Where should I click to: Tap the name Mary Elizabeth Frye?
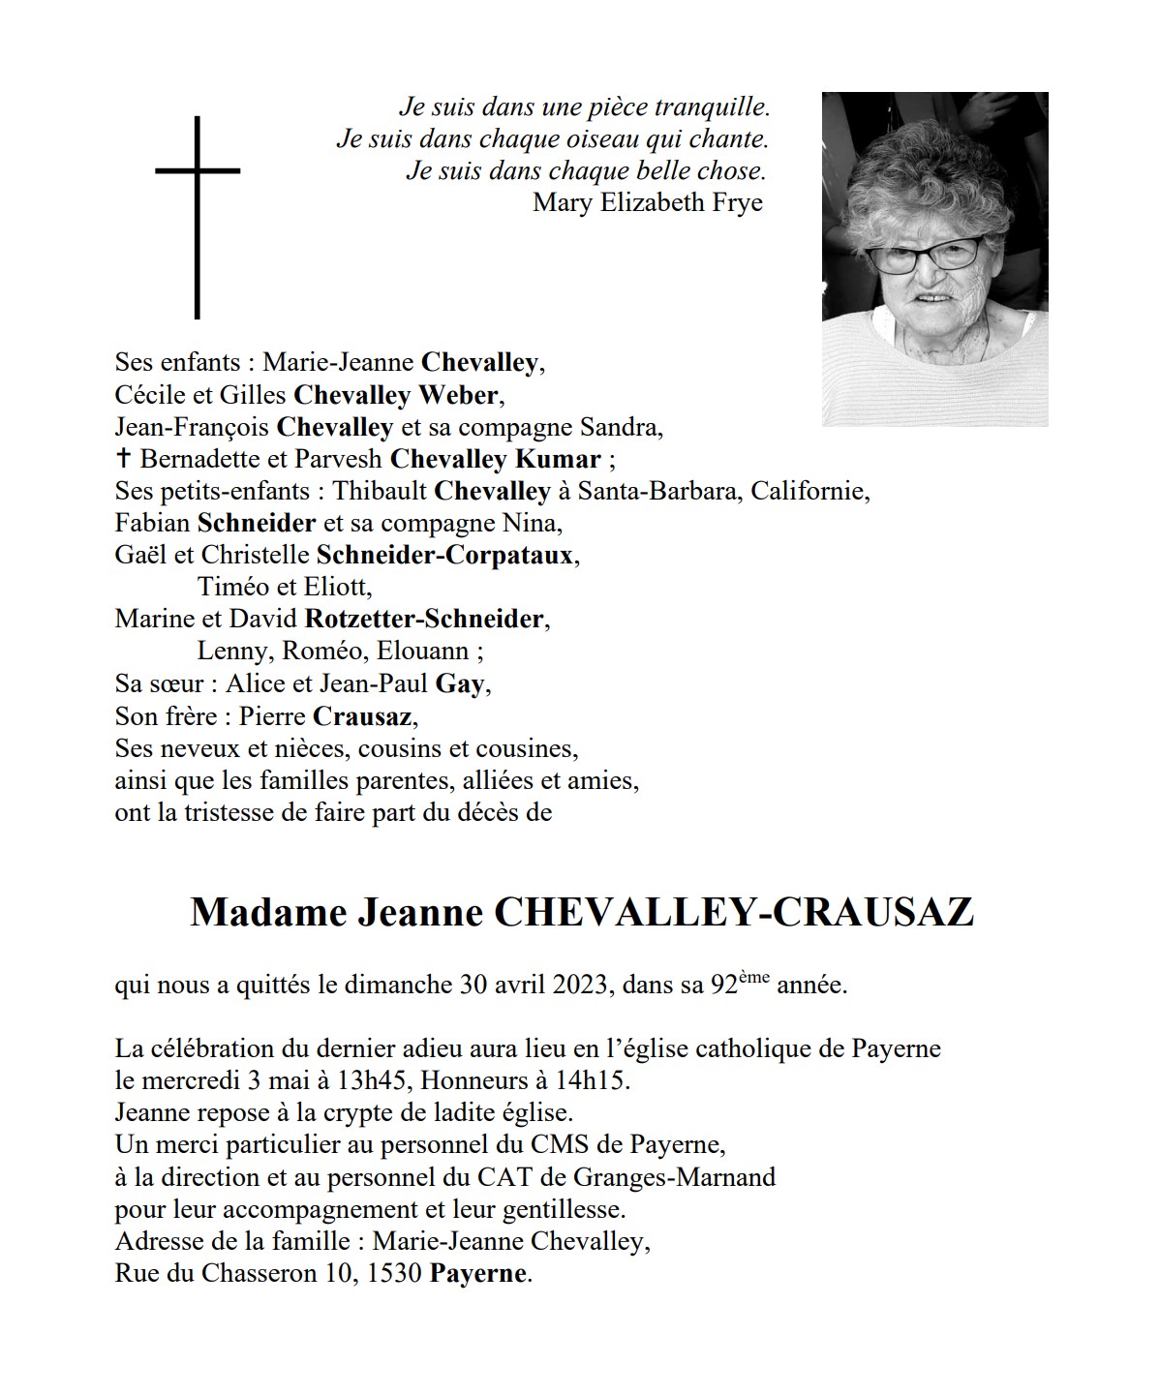[648, 202]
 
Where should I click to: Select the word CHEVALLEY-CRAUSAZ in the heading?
[734, 913]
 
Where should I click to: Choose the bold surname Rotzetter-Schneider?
[424, 619]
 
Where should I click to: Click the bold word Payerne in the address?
[478, 1273]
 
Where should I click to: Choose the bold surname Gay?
[460, 683]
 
